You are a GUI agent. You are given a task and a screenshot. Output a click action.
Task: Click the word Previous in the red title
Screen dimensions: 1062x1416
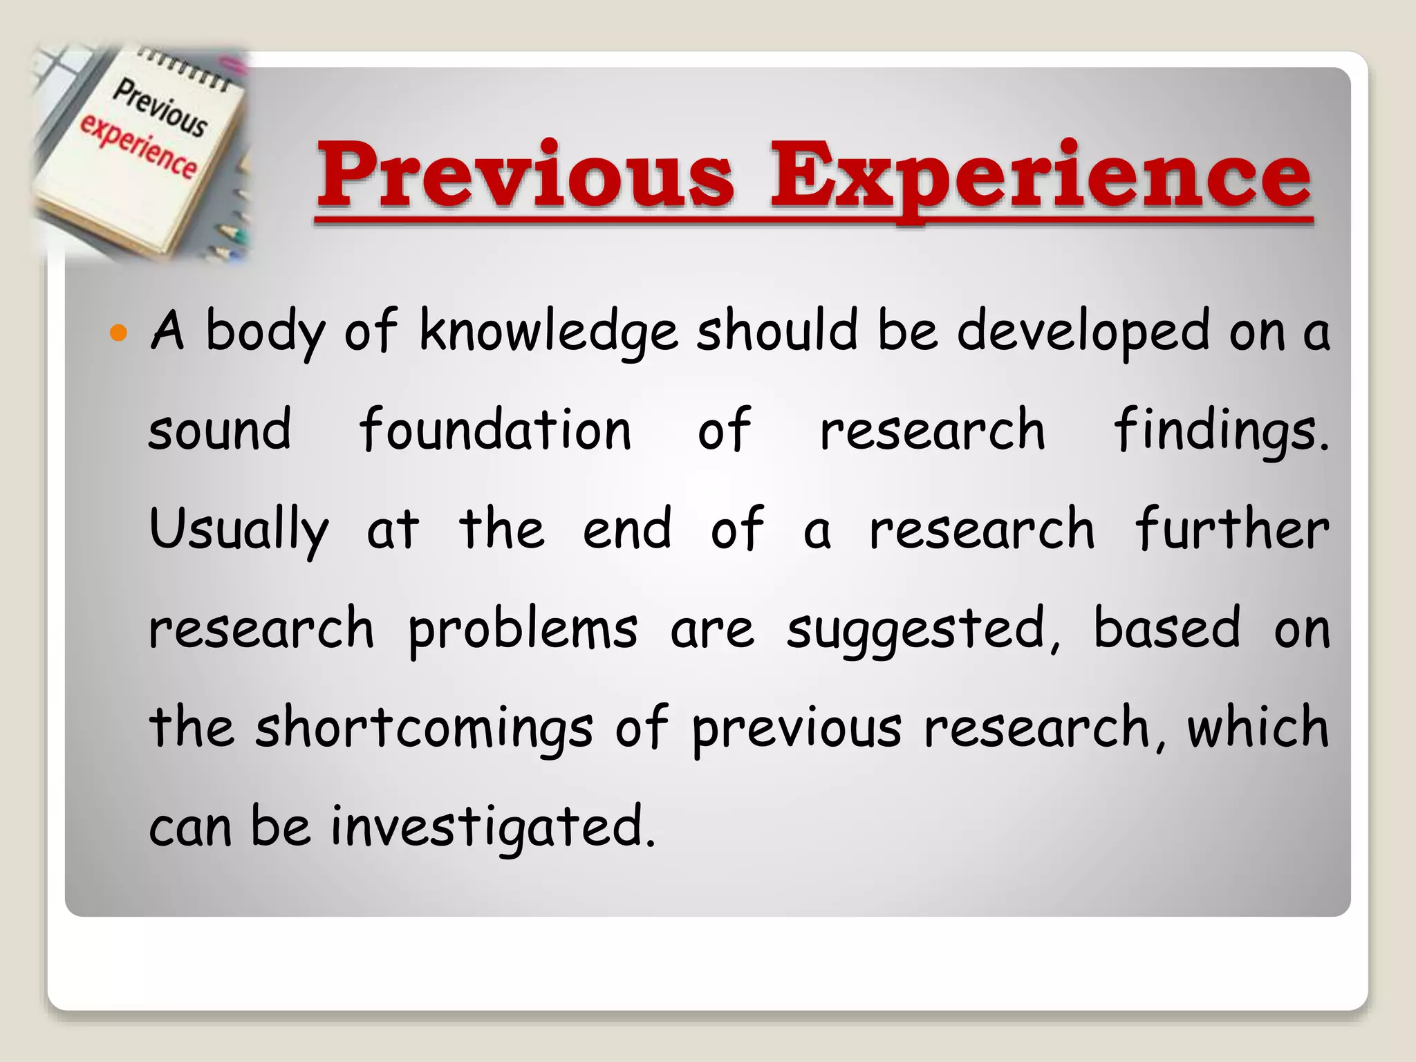[x=525, y=174]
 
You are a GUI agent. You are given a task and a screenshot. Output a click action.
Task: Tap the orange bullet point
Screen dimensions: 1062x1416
[x=119, y=334]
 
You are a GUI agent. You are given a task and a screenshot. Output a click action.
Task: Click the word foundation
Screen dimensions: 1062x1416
[x=495, y=430]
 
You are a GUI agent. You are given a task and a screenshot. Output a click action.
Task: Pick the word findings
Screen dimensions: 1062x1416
[x=1221, y=430]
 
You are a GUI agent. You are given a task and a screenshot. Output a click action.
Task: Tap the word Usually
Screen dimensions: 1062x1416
[x=239, y=530]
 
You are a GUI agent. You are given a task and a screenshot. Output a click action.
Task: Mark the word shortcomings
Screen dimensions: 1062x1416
[x=424, y=728]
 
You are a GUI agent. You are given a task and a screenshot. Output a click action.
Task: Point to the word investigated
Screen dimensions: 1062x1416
[x=492, y=827]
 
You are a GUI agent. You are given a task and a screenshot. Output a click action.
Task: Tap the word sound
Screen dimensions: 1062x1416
[x=220, y=430]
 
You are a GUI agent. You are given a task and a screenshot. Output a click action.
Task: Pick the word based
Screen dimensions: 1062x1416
[x=1167, y=628]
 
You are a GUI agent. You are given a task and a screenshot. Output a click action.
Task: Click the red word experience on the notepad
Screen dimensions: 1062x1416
[x=138, y=147]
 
